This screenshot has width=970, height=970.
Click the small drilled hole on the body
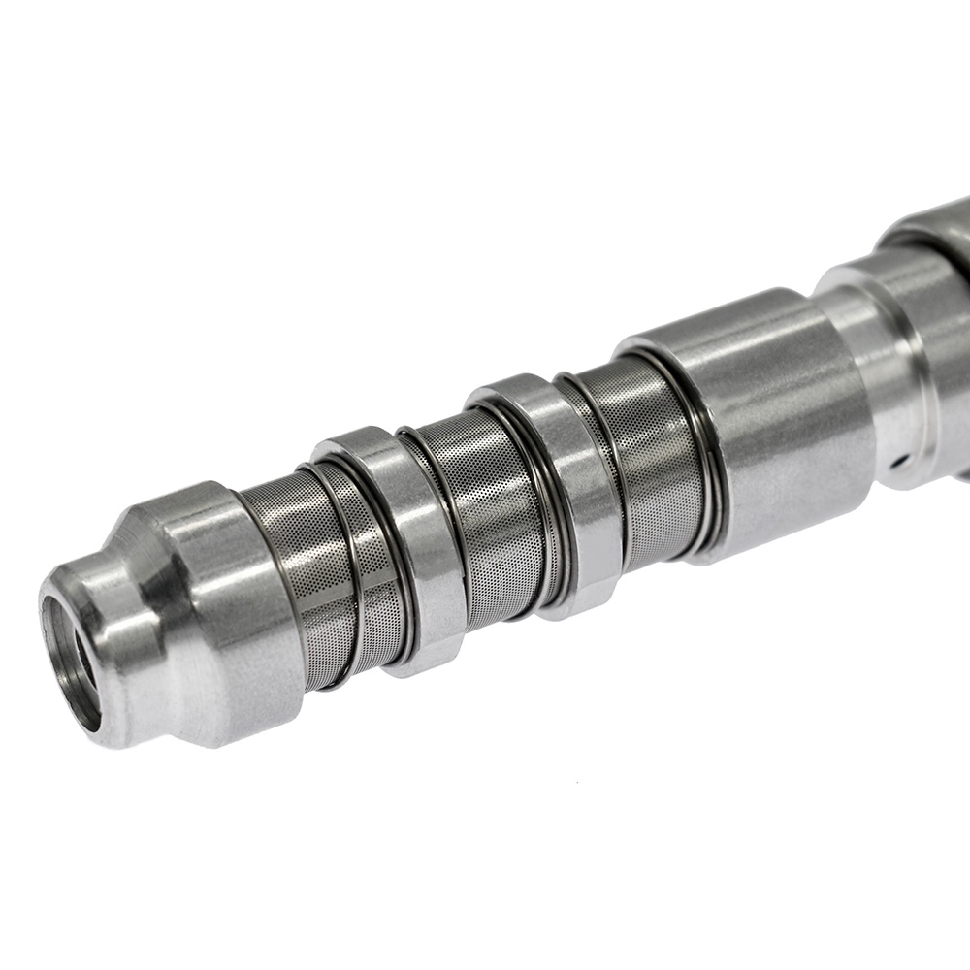[x=900, y=456]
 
